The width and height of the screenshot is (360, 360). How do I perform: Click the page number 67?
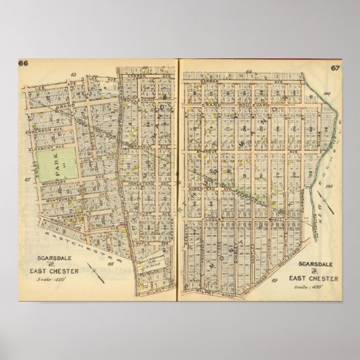pyautogui.click(x=336, y=69)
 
